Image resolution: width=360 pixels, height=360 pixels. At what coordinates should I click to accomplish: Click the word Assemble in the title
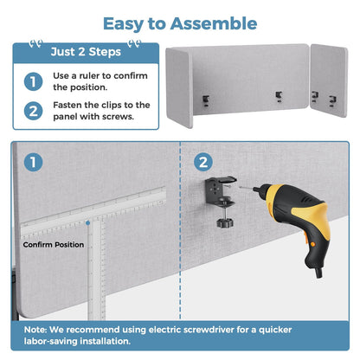[214, 23]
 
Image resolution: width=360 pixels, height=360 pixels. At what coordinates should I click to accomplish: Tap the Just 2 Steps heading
[86, 52]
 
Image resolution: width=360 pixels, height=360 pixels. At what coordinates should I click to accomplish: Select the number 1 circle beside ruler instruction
[33, 81]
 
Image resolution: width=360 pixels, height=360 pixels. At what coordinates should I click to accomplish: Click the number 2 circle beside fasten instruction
[33, 111]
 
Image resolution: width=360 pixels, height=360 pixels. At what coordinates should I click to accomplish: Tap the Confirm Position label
[54, 245]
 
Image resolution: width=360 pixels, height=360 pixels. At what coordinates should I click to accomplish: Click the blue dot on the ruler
[88, 223]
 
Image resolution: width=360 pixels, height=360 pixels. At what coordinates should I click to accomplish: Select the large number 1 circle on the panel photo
[33, 162]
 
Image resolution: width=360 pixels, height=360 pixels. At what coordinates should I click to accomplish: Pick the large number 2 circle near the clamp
[203, 162]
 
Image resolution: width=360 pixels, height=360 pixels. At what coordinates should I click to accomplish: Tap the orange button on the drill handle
[312, 245]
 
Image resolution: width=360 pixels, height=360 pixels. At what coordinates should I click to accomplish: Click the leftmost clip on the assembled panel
[205, 100]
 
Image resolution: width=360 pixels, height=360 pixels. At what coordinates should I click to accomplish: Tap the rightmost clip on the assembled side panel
[332, 101]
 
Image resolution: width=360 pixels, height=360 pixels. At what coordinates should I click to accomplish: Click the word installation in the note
[105, 341]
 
